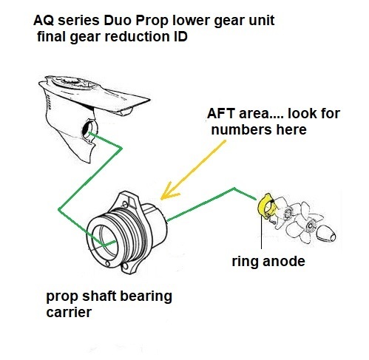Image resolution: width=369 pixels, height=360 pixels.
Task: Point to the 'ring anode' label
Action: pyautogui.click(x=268, y=262)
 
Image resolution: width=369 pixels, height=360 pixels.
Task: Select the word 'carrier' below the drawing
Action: pyautogui.click(x=69, y=312)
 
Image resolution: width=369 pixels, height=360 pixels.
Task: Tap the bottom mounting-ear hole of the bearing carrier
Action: pyautogui.click(x=126, y=266)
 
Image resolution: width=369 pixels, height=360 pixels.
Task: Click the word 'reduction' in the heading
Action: pyautogui.click(x=137, y=36)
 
